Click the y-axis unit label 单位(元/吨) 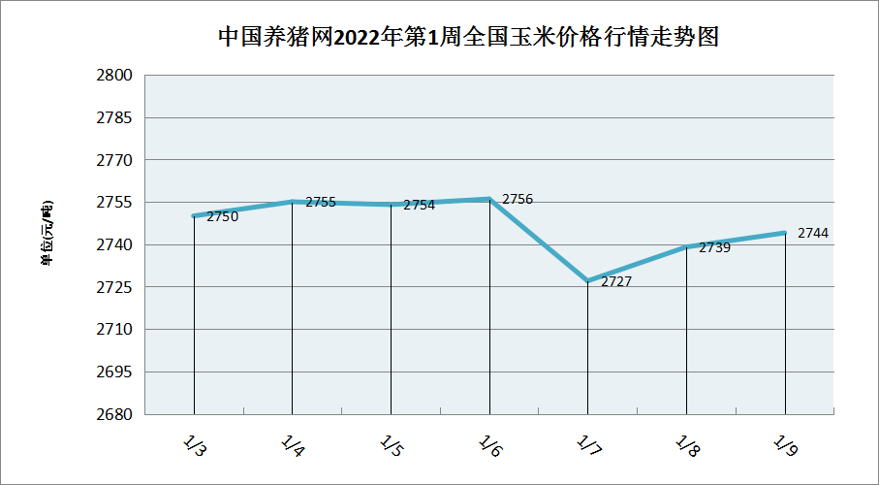[x=47, y=232]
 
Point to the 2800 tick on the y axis [x=116, y=76]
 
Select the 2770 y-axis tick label [x=116, y=160]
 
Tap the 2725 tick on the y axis [x=116, y=287]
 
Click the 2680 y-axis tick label [x=116, y=414]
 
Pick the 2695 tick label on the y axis [x=116, y=372]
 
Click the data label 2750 [x=223, y=217]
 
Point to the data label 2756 [x=518, y=200]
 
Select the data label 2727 [x=616, y=282]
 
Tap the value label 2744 [x=813, y=234]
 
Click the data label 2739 [x=714, y=247]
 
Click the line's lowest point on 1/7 [x=588, y=280]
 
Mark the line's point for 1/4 [x=293, y=202]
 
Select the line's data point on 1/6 [x=490, y=199]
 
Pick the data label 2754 [x=420, y=206]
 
